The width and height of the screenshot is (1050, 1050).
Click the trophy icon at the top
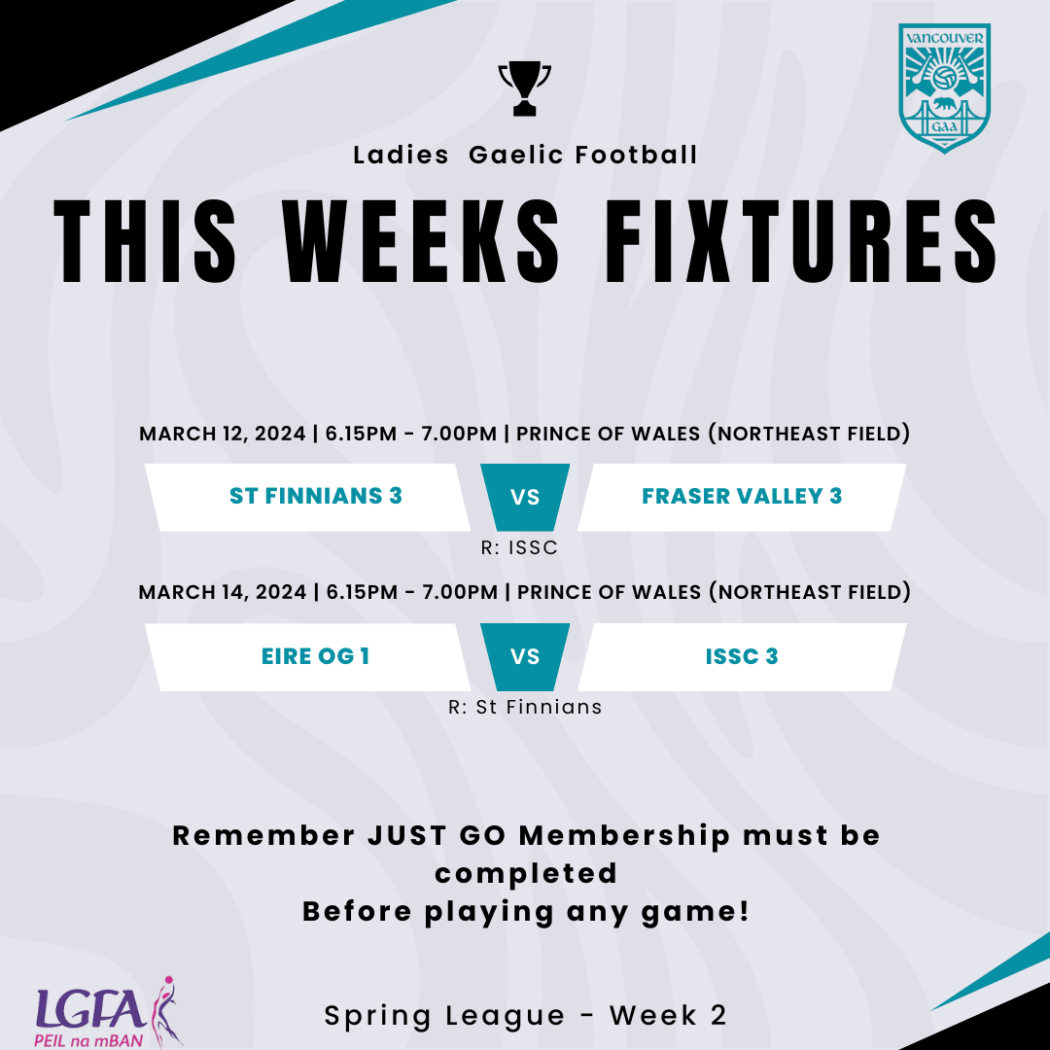click(x=524, y=88)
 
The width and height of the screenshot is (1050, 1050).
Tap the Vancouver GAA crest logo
click(x=945, y=88)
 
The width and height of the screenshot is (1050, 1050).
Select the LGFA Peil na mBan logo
click(x=108, y=1010)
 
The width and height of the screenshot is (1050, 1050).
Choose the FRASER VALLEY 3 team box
click(x=742, y=497)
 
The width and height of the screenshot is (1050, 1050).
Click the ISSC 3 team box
click(x=742, y=656)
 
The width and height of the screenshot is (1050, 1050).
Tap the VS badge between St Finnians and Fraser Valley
click(x=525, y=497)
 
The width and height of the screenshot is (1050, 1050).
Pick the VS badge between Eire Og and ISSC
click(x=525, y=656)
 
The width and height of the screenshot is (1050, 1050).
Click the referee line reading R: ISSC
click(x=519, y=548)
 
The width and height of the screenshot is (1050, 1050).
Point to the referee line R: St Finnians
click(x=525, y=708)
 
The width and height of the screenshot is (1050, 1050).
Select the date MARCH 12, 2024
click(x=223, y=434)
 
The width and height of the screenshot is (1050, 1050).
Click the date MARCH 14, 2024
click(x=223, y=592)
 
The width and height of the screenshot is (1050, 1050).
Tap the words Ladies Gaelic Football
click(x=525, y=155)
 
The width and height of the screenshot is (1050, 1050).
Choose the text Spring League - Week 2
click(x=525, y=1016)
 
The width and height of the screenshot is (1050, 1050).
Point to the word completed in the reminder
click(x=525, y=873)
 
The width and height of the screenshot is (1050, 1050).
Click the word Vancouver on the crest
click(x=945, y=38)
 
